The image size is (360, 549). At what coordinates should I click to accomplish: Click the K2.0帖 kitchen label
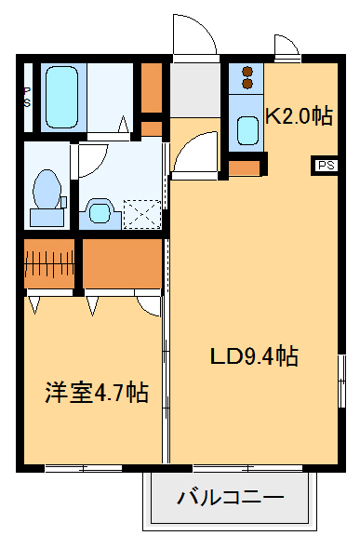pyautogui.click(x=299, y=116)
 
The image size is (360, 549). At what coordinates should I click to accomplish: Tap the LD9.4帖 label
pyautogui.click(x=252, y=356)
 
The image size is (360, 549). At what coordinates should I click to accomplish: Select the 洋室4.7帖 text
pyautogui.click(x=96, y=392)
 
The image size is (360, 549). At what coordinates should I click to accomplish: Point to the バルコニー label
pyautogui.click(x=230, y=498)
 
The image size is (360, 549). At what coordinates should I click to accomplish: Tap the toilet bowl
pyautogui.click(x=45, y=192)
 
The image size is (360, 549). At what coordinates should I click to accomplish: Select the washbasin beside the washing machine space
pyautogui.click(x=99, y=211)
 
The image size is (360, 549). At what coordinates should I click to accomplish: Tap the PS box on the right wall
pyautogui.click(x=325, y=166)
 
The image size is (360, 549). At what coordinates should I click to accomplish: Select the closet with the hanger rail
pyautogui.click(x=48, y=263)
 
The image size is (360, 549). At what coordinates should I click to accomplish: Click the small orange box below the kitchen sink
pyautogui.click(x=245, y=168)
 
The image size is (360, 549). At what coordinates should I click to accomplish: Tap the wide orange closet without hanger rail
pyautogui.click(x=123, y=263)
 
